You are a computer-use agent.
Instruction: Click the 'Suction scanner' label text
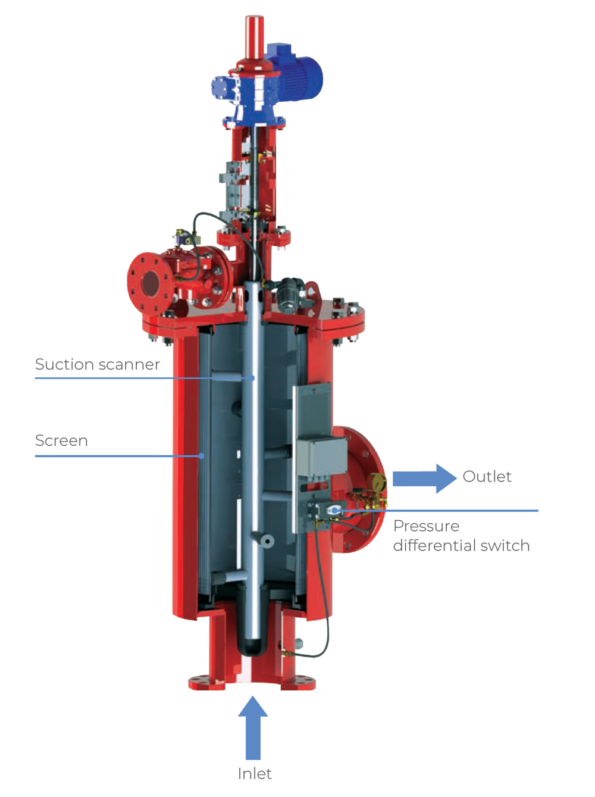pyautogui.click(x=97, y=364)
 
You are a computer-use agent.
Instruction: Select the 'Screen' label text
pyautogui.click(x=61, y=440)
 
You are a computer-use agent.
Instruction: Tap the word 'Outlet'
pyautogui.click(x=487, y=477)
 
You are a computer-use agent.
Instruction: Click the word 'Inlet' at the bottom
pyautogui.click(x=254, y=774)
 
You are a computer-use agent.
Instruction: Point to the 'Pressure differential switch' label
pyautogui.click(x=461, y=536)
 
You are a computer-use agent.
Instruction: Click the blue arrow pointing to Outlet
pyautogui.click(x=424, y=479)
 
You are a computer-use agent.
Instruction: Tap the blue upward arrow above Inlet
pyautogui.click(x=253, y=727)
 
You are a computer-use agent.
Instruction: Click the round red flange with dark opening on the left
pyautogui.click(x=149, y=283)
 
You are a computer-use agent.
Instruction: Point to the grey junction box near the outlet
pyautogui.click(x=322, y=457)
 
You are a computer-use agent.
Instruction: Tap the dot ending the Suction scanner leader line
pyautogui.click(x=252, y=378)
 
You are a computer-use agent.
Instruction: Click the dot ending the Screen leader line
pyautogui.click(x=202, y=456)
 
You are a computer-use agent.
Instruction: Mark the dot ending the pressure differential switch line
pyautogui.click(x=334, y=511)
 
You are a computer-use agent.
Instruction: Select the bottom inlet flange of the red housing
pyautogui.click(x=252, y=682)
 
